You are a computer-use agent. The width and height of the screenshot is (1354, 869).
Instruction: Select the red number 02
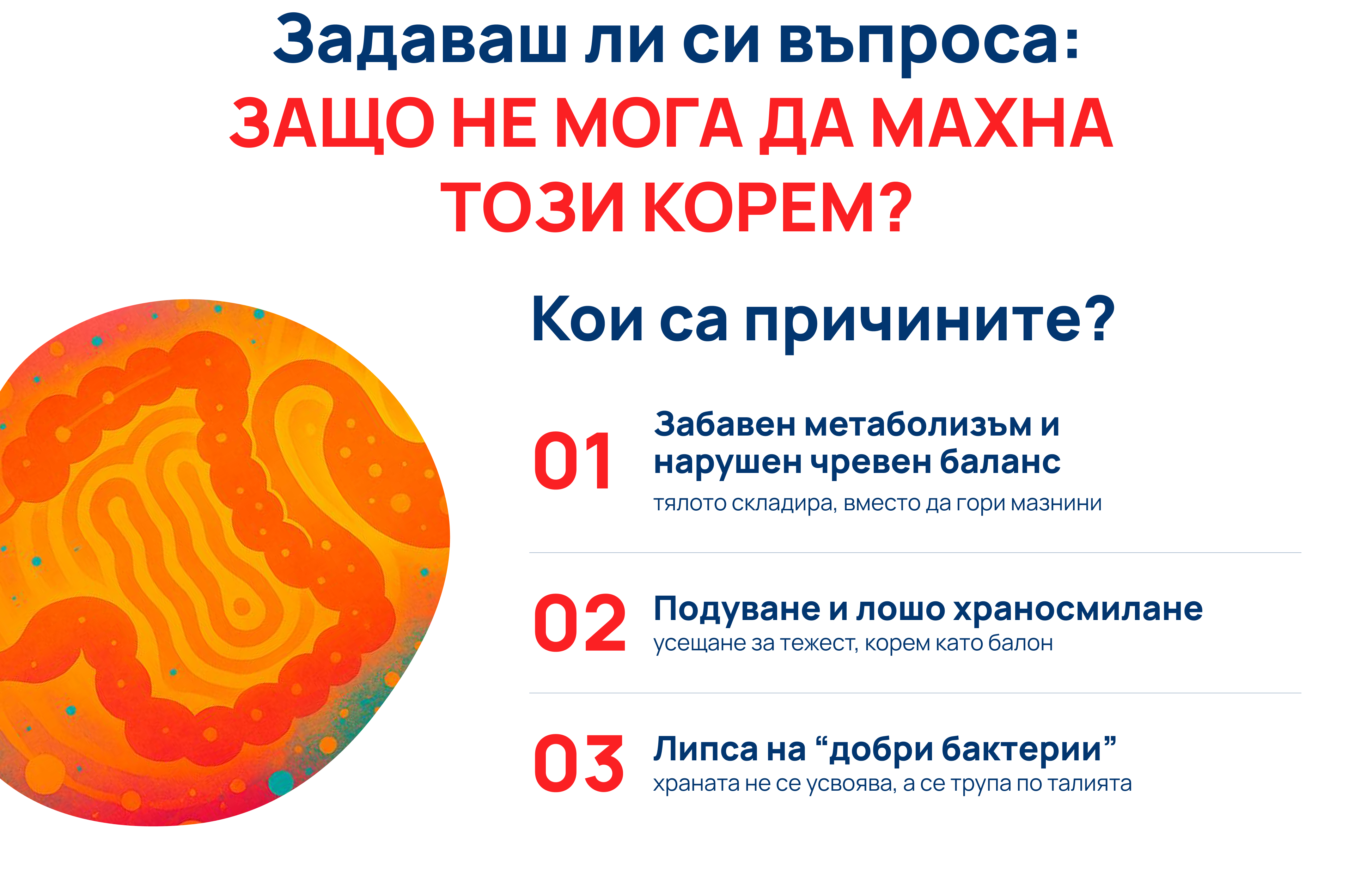pos(579,623)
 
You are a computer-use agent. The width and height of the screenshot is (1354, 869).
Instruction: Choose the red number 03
pos(578,764)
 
